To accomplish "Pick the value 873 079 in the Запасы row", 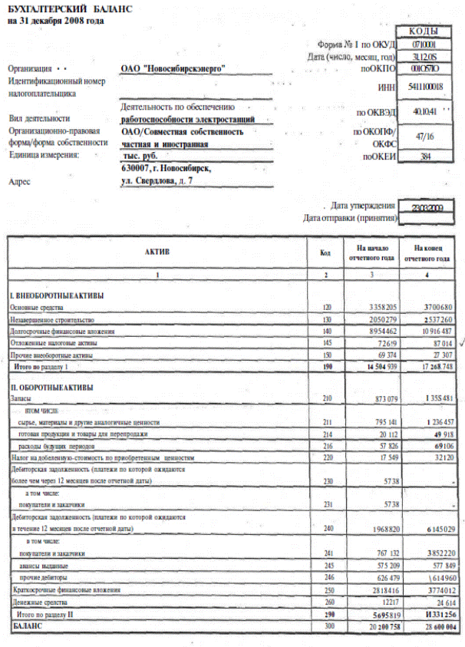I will tap(379, 400).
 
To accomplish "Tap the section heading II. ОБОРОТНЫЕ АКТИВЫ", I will tap(52, 388).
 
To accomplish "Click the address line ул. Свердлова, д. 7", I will tap(157, 180).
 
